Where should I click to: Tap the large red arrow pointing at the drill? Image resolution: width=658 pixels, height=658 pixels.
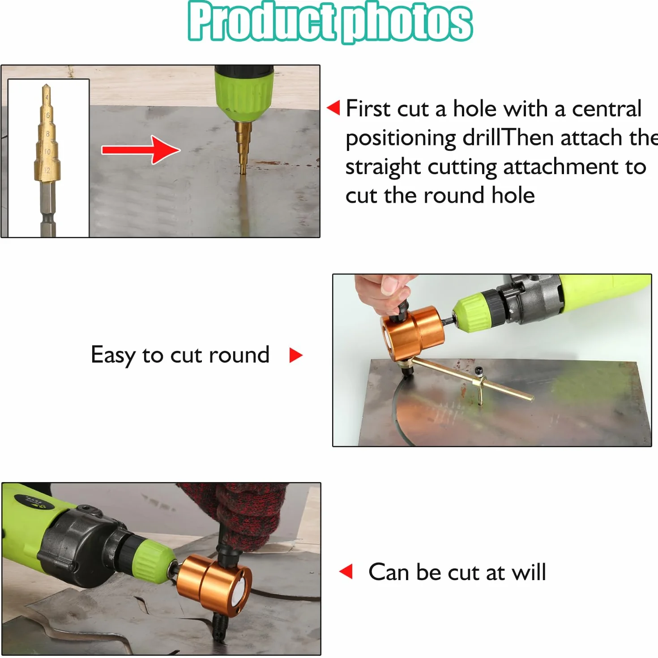coord(141,150)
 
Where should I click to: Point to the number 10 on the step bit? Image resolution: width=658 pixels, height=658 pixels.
coord(47,151)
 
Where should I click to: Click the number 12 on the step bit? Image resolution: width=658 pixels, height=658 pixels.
coord(47,170)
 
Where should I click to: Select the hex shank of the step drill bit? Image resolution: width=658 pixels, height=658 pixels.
coord(48,208)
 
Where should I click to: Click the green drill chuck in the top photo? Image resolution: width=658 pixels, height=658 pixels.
coord(244,93)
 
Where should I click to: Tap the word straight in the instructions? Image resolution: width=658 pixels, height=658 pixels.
coord(383,167)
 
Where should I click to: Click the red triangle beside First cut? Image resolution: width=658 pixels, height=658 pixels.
coord(333,108)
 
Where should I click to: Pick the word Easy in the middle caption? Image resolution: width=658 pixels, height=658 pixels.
coord(113,355)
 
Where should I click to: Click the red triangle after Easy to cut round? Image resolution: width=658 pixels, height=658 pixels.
coord(296,355)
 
